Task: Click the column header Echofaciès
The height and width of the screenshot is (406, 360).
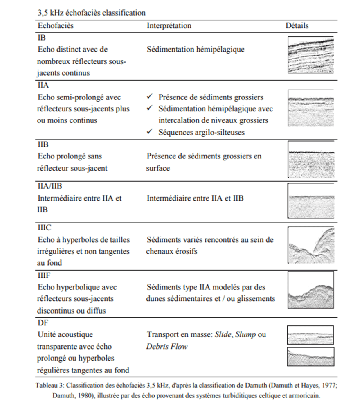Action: point(56,25)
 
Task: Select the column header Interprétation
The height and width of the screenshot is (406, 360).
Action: point(169,25)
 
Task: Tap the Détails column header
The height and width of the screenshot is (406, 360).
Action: point(297,25)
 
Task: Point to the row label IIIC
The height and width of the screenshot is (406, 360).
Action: point(45,228)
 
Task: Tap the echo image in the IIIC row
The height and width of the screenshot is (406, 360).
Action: point(311,245)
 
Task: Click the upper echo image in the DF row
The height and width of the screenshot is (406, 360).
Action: point(311,335)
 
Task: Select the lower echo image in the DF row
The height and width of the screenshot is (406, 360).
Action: point(311,356)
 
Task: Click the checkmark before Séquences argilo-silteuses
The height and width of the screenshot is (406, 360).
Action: point(150,132)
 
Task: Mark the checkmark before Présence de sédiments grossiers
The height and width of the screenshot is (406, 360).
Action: point(150,97)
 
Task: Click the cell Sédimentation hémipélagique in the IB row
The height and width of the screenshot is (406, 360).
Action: point(195,50)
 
